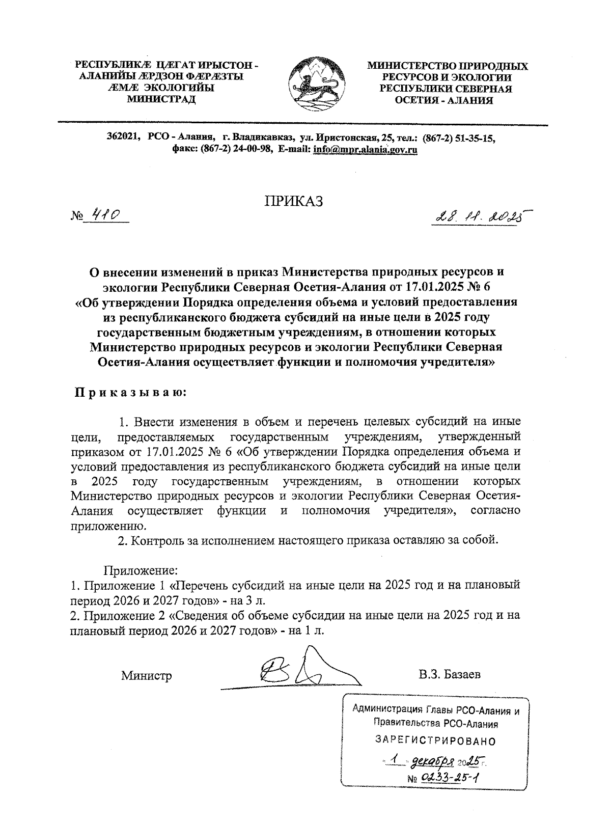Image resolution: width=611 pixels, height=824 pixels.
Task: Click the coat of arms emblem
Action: click(x=312, y=84)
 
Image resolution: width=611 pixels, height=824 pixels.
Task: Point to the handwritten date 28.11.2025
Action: click(x=477, y=217)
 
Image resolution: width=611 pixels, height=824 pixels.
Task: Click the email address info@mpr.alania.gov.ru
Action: click(x=366, y=150)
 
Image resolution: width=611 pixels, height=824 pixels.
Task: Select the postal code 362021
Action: click(x=124, y=138)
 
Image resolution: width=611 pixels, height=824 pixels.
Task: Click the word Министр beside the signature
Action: click(x=146, y=676)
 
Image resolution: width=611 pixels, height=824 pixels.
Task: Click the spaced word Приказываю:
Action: click(x=131, y=393)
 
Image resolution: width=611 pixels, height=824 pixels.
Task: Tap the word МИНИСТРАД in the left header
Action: click(x=161, y=99)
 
